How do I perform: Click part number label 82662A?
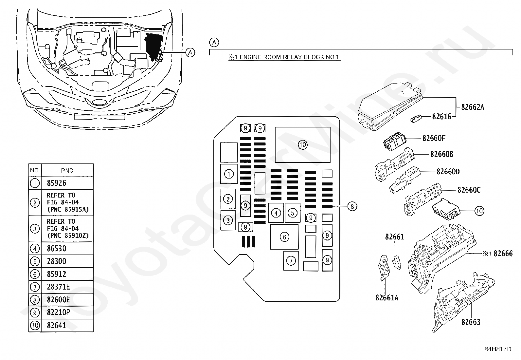pyautogui.click(x=472, y=107)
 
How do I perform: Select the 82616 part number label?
pyautogui.click(x=441, y=116)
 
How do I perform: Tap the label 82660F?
pyautogui.click(x=434, y=138)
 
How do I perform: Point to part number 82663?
pyautogui.click(x=471, y=322)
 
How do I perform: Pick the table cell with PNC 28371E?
pyautogui.click(x=58, y=287)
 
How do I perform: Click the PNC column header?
pyautogui.click(x=67, y=170)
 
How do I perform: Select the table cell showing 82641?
pyautogui.click(x=56, y=325)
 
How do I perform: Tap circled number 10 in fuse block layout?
pyautogui.click(x=303, y=144)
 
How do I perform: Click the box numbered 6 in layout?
pyautogui.click(x=284, y=237)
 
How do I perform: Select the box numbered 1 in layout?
pyautogui.click(x=229, y=174)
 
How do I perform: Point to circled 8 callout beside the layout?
pyautogui.click(x=352, y=206)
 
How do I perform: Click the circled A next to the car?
pyautogui.click(x=190, y=52)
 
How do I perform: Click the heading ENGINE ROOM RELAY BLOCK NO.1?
pyautogui.click(x=284, y=57)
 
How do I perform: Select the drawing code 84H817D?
pyautogui.click(x=498, y=349)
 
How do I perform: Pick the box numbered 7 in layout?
pyautogui.click(x=291, y=261)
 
